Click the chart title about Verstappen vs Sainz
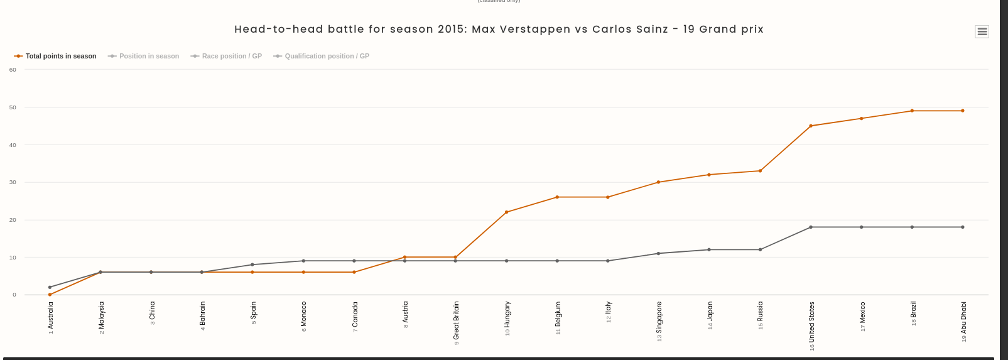(499, 30)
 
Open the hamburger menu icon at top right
(982, 31)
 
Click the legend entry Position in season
(144, 56)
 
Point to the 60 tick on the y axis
(13, 70)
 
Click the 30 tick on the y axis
(13, 182)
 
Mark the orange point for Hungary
(506, 212)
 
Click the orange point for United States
(811, 126)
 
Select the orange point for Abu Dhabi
(963, 111)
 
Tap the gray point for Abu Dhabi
(963, 227)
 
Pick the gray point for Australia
(50, 287)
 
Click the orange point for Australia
(50, 295)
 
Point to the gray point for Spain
(252, 265)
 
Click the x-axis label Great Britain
(456, 321)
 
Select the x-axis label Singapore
(659, 320)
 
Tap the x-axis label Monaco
(303, 316)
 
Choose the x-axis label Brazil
(913, 312)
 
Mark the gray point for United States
(811, 227)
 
